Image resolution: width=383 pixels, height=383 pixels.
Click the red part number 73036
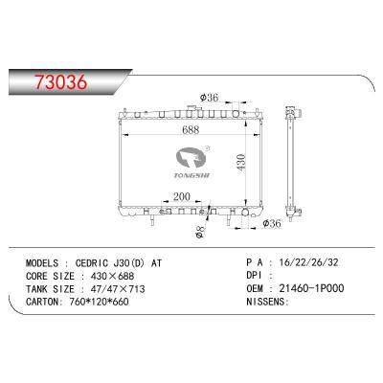(60, 81)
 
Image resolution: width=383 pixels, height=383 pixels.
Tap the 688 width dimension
(191, 129)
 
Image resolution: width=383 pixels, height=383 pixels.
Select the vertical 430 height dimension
(240, 162)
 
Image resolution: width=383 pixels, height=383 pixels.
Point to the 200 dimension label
(182, 196)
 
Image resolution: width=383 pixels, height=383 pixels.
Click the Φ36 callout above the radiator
(209, 98)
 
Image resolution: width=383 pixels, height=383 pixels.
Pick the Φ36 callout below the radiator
(272, 223)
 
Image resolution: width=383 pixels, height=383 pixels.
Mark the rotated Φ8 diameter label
(200, 232)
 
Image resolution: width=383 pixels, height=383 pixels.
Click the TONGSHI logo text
(191, 175)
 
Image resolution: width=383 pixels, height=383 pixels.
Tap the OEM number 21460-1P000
(311, 288)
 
